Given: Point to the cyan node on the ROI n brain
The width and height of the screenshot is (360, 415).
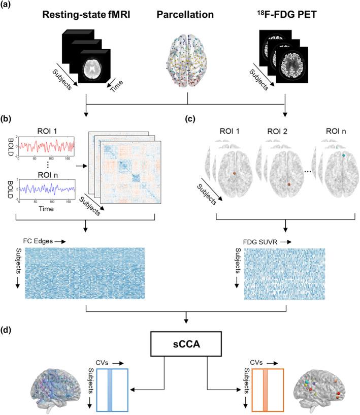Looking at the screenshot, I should (344, 154).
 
